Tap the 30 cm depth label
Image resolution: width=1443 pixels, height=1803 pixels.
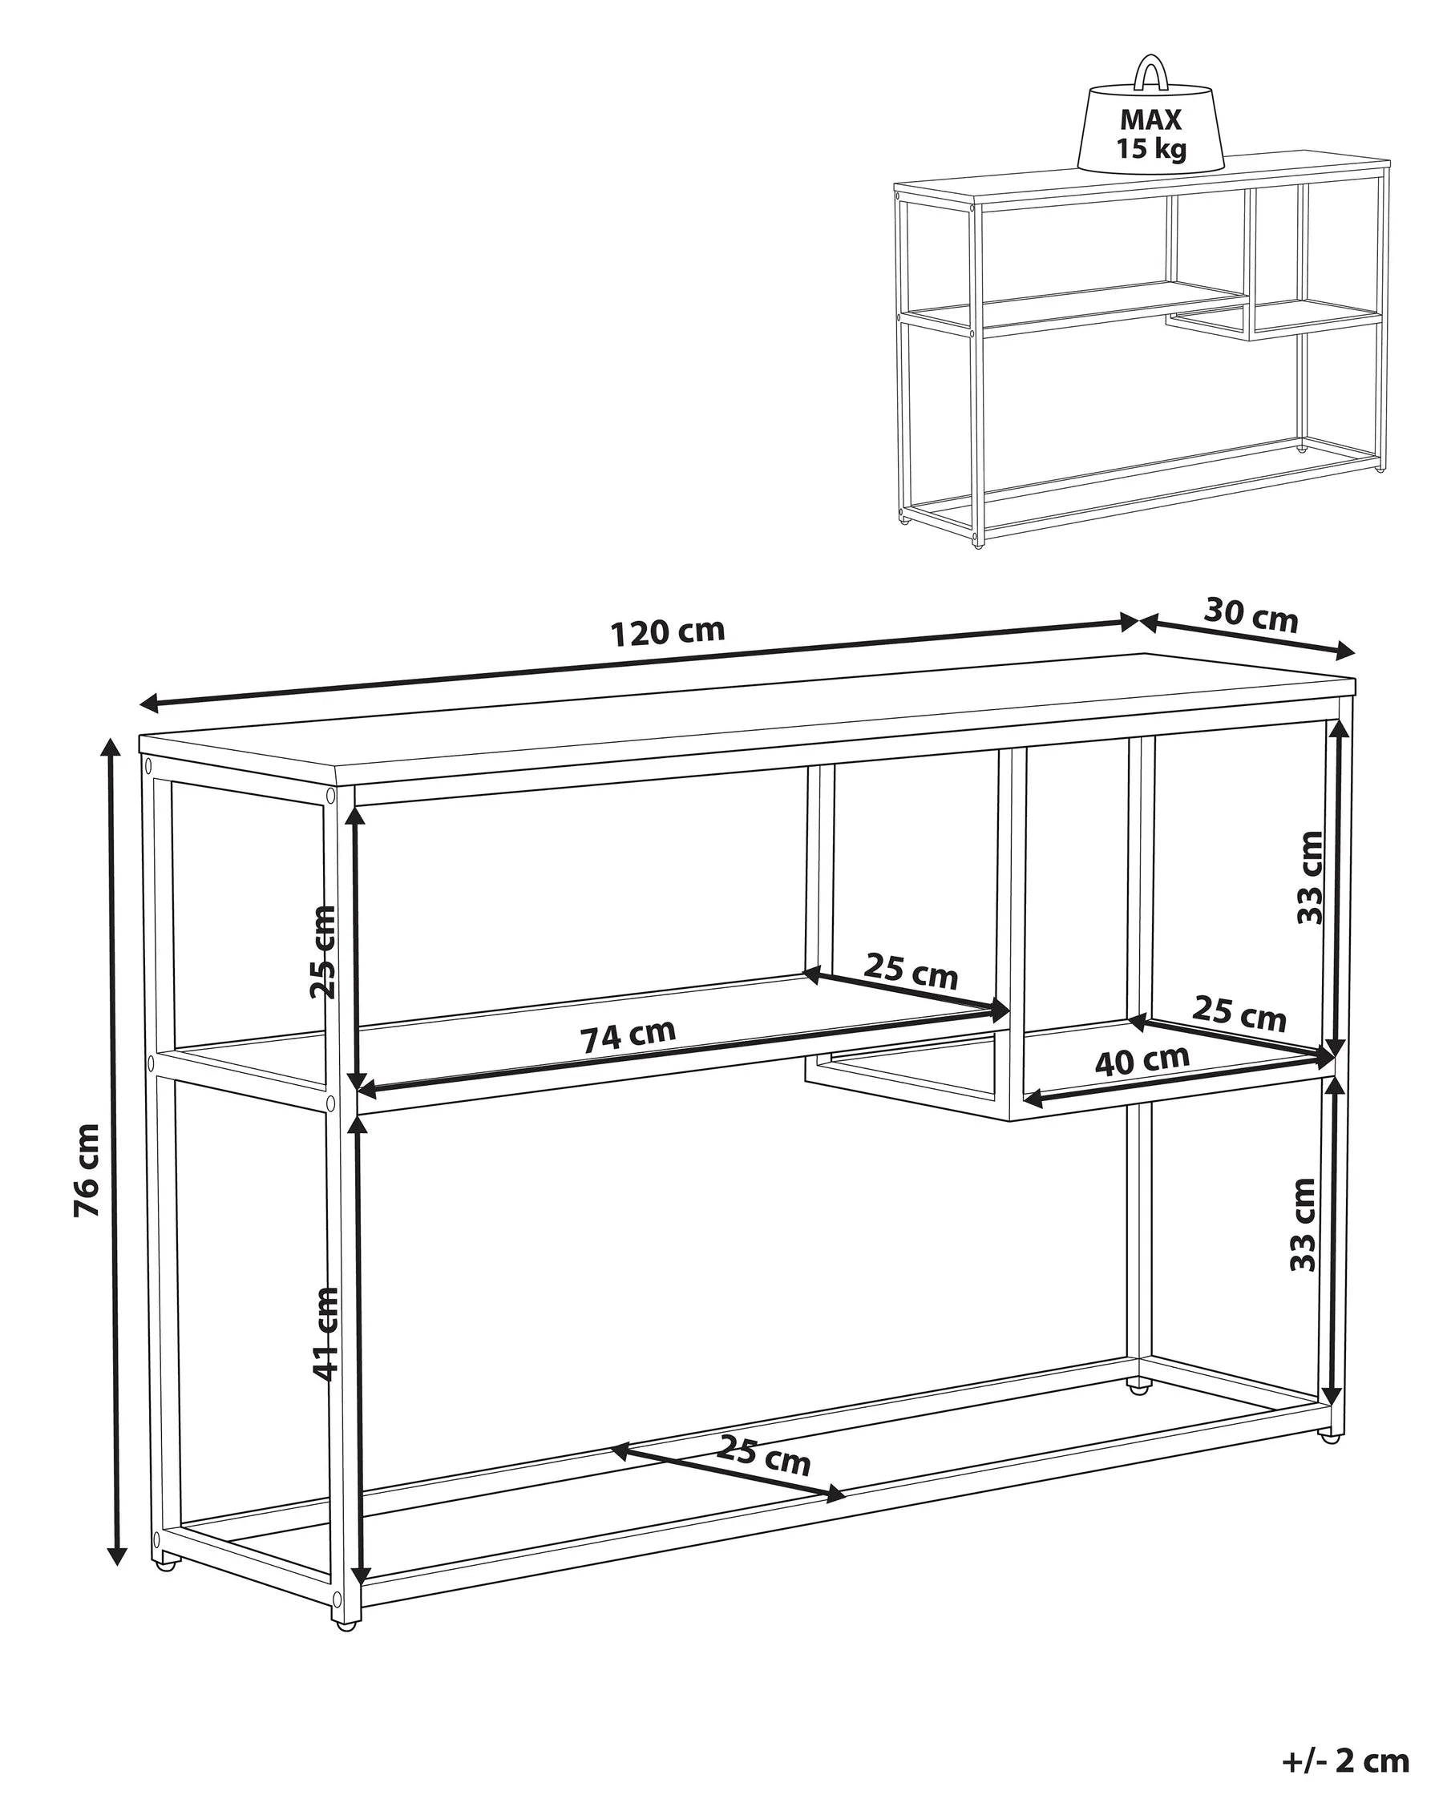[x=1251, y=615]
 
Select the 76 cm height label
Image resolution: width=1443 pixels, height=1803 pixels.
[x=86, y=1170]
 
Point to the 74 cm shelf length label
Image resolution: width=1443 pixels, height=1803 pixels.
[x=628, y=1036]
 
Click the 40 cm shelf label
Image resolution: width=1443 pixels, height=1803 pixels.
[x=1141, y=1060]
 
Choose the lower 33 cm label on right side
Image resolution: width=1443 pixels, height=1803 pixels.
[x=1304, y=1224]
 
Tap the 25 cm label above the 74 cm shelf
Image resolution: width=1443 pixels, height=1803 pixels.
[x=910, y=971]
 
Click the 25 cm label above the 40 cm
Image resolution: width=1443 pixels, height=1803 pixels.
[x=1238, y=1014]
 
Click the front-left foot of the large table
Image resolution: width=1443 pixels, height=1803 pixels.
[x=346, y=1624]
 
